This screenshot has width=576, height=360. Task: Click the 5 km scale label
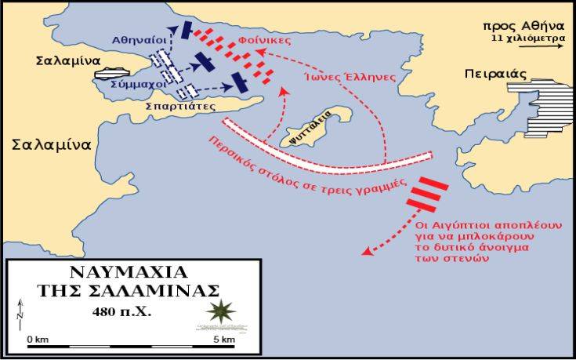[x=223, y=339]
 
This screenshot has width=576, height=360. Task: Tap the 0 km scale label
[x=38, y=339]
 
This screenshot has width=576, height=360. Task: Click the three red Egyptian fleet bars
[x=427, y=192]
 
